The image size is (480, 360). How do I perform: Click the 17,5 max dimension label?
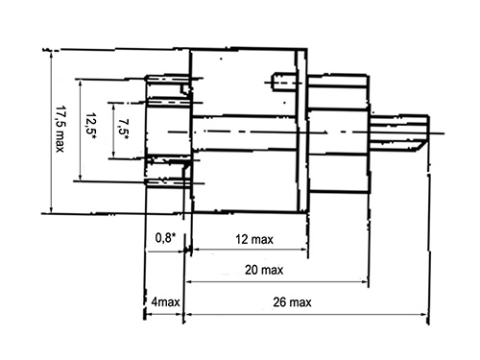(60, 129)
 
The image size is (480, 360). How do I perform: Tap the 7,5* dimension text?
(123, 130)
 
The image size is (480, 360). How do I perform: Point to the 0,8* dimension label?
(165, 238)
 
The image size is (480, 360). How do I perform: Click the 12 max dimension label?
(254, 239)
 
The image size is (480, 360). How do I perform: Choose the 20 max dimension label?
(264, 270)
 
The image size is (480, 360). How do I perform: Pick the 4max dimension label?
(165, 301)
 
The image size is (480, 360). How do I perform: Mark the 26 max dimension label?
(292, 302)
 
